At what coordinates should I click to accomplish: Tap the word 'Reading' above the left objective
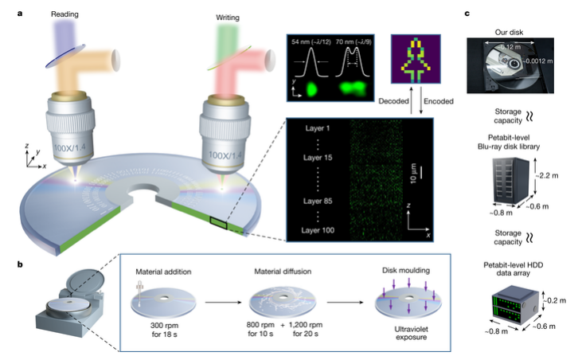click(42, 14)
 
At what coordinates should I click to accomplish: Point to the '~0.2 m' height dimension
click(557, 299)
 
